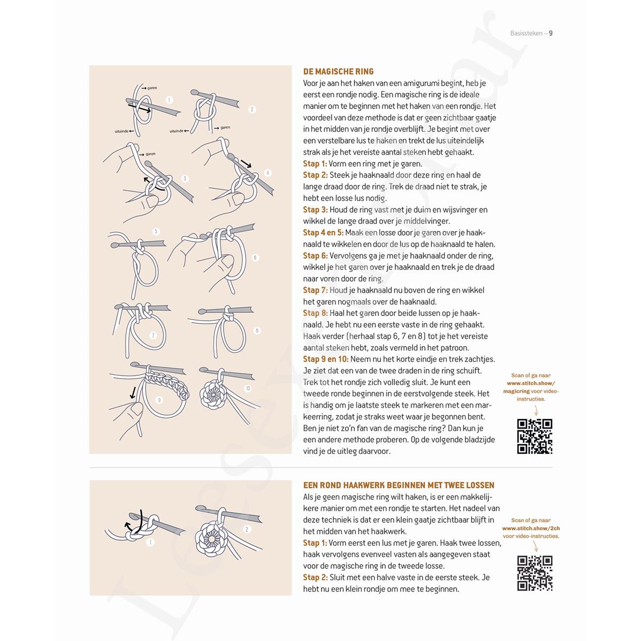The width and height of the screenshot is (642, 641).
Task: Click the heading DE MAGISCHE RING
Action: [x=338, y=72]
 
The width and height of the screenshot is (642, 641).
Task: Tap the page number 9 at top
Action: [x=551, y=34]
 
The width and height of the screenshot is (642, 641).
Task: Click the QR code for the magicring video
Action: [x=534, y=436]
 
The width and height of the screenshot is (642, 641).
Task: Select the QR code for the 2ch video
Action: [x=534, y=573]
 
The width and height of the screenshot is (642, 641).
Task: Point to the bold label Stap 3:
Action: [x=315, y=210]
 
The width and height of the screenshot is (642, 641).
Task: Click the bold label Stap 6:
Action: [x=315, y=256]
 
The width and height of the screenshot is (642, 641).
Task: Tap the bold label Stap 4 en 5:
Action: [x=323, y=233]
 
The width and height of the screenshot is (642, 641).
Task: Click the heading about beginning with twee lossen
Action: [x=399, y=485]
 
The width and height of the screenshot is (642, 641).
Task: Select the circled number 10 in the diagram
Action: [x=248, y=388]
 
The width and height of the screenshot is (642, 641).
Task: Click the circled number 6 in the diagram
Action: [x=255, y=258]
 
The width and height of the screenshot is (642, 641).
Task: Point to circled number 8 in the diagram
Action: [x=257, y=331]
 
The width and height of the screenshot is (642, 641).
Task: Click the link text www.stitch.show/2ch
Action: [x=531, y=528]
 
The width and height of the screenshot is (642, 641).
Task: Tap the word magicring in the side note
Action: [x=517, y=391]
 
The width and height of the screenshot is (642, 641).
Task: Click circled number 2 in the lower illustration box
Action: [x=247, y=529]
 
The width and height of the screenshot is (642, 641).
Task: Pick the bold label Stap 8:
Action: [x=315, y=313]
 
